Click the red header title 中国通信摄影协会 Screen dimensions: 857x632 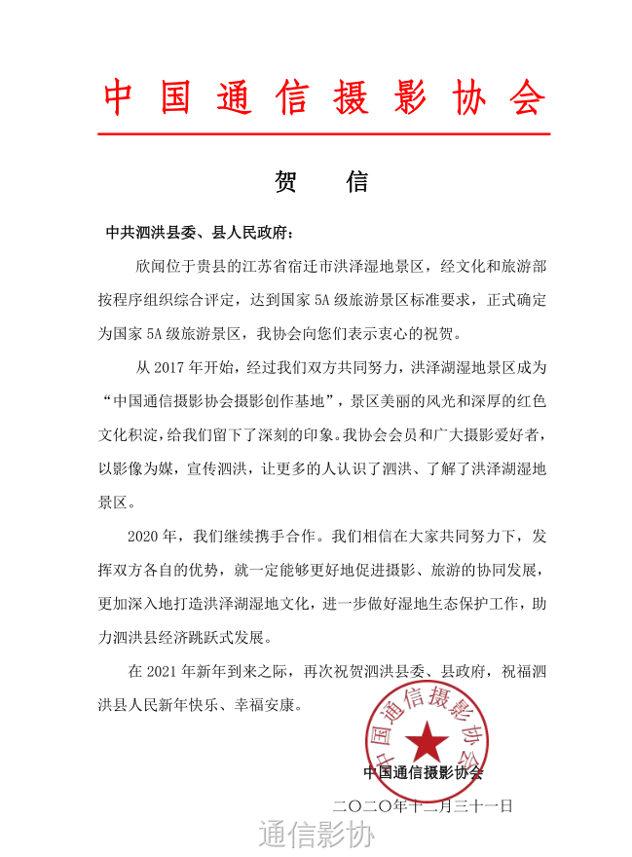324,97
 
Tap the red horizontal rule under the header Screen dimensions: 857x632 324,133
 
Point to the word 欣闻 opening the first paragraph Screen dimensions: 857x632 151,266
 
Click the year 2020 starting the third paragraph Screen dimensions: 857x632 146,537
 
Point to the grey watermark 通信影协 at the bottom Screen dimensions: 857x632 316,835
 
